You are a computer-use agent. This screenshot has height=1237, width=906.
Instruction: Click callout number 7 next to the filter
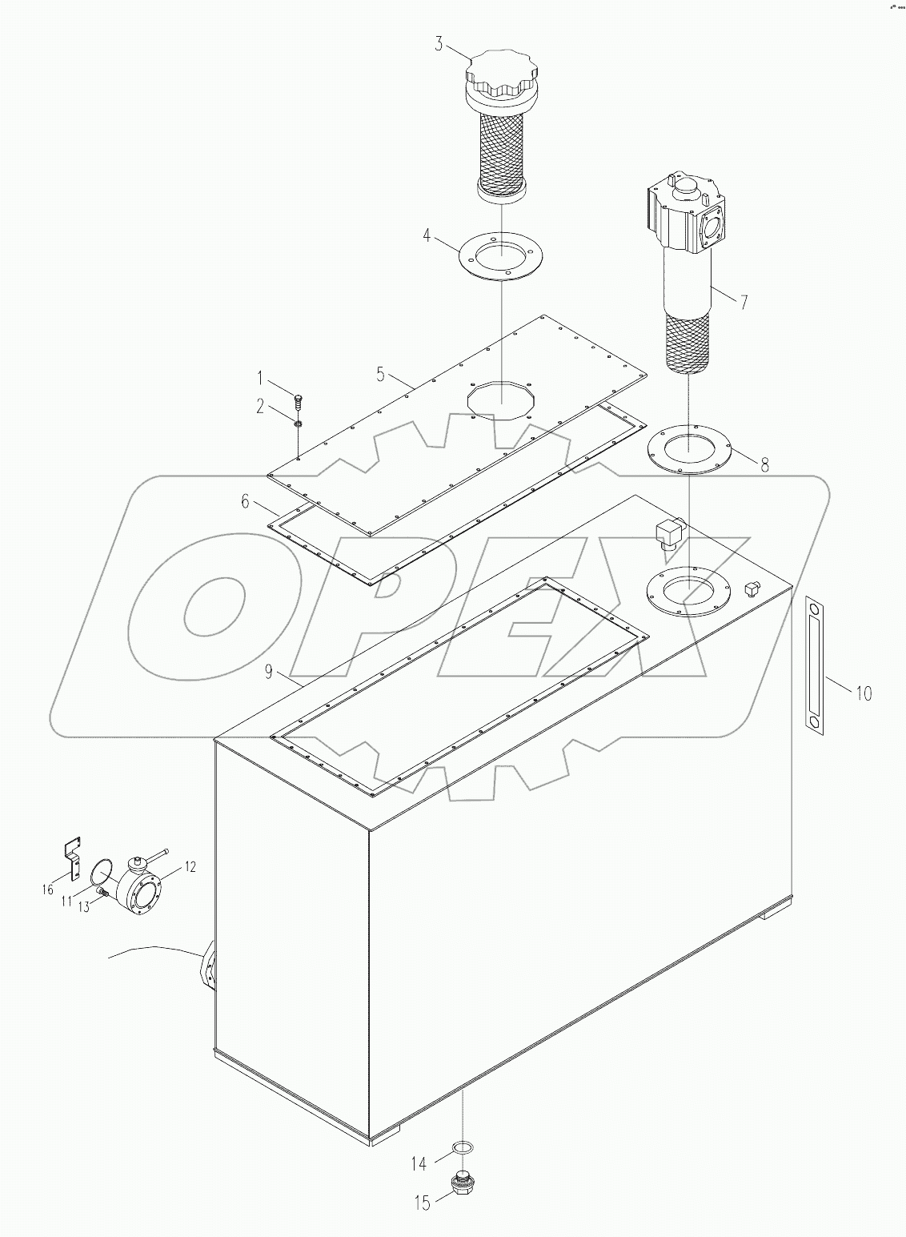coord(744,302)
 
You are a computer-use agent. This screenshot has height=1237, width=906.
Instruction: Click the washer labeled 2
coord(298,424)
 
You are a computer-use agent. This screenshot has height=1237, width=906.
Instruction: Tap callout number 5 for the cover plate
coord(381,373)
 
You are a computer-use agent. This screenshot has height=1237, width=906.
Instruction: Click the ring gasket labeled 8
coord(689,450)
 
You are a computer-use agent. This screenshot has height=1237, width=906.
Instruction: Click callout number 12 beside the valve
coord(190,865)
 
